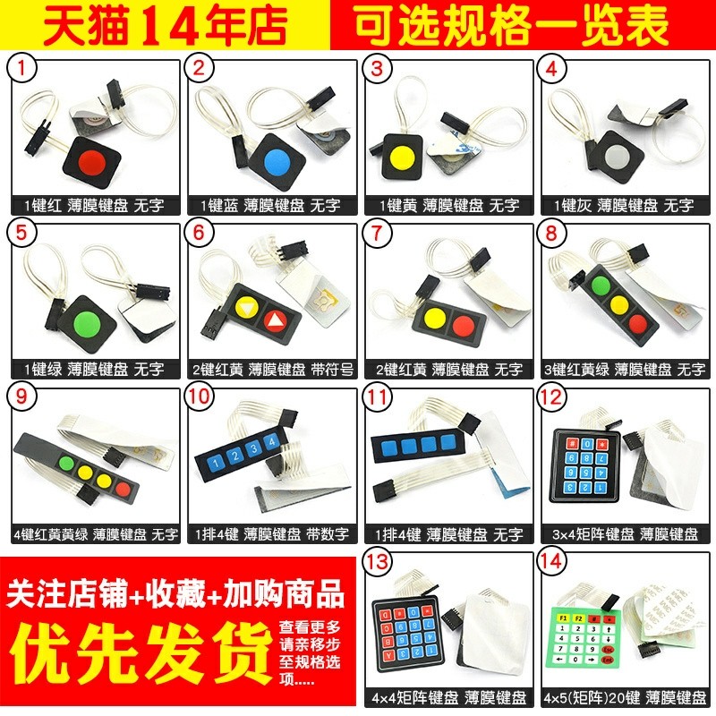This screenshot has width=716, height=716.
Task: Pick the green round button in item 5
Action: [x=89, y=321]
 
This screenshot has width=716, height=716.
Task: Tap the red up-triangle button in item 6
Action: [x=277, y=320]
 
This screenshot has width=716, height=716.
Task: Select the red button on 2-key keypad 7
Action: [x=462, y=324]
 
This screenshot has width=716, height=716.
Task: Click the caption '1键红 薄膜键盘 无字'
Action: [x=94, y=205]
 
